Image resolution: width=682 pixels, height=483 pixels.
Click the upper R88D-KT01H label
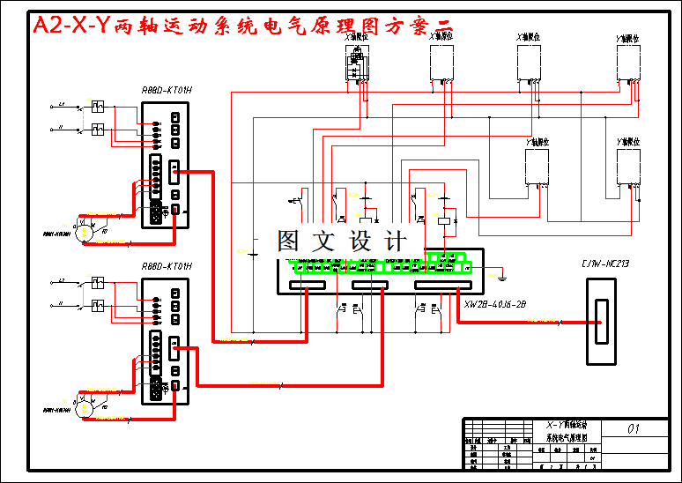click(167, 90)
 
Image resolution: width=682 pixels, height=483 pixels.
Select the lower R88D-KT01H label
click(167, 266)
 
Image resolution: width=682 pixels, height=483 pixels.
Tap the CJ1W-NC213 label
click(604, 264)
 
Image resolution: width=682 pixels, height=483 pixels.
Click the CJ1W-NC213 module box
click(601, 321)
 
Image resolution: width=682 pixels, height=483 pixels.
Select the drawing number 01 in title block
click(633, 429)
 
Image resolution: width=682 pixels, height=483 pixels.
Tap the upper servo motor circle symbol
click(85, 231)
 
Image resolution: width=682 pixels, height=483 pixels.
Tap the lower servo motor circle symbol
click(85, 407)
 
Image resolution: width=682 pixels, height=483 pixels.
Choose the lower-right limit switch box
click(628, 167)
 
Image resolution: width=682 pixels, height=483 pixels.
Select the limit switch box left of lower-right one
click(537, 167)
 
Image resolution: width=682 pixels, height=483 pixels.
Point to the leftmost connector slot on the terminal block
click(308, 285)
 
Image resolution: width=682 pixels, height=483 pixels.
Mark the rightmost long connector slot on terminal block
click(443, 285)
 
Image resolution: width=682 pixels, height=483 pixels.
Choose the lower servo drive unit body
click(165, 340)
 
